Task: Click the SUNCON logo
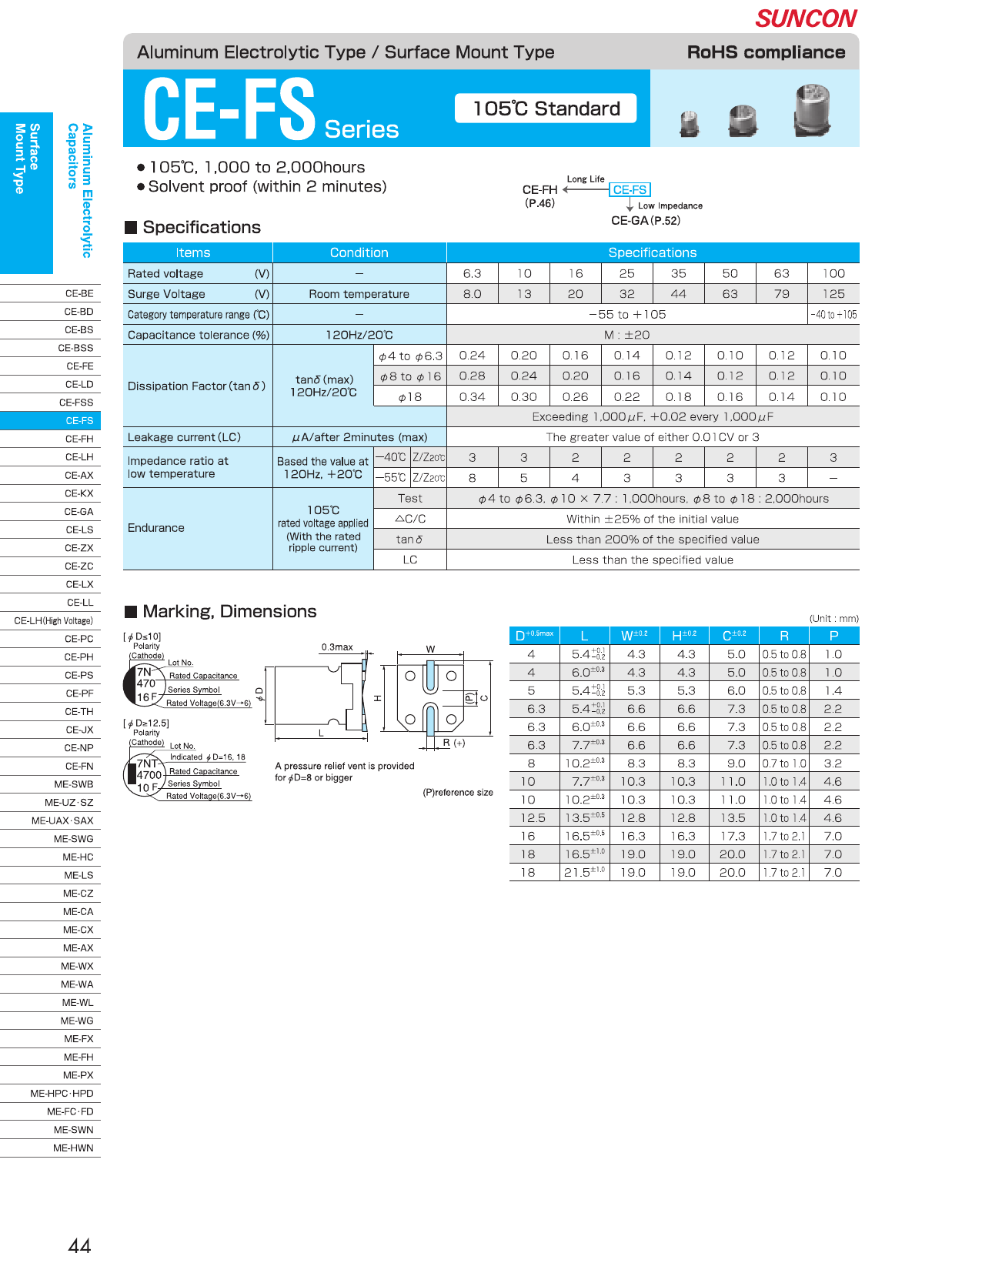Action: (x=806, y=18)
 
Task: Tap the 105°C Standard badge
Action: (x=546, y=109)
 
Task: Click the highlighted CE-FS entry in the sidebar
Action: (x=78, y=421)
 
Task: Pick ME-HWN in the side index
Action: (x=73, y=1148)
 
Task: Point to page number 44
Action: (x=79, y=1246)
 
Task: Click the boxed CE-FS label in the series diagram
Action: (x=630, y=190)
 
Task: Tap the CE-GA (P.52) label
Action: (x=645, y=221)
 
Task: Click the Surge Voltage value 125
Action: (x=833, y=294)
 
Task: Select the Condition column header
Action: (x=359, y=253)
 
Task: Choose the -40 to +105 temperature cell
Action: (x=833, y=315)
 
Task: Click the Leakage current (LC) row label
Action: (x=185, y=437)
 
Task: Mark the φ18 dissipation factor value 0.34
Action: (x=472, y=397)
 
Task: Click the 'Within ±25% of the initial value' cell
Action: (x=652, y=520)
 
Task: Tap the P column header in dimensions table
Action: (x=833, y=636)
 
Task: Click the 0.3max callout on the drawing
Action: (x=337, y=647)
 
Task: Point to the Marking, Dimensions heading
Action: (x=229, y=612)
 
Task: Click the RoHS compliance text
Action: (x=766, y=52)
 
